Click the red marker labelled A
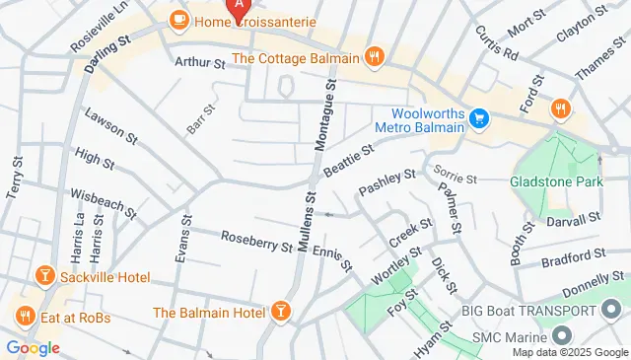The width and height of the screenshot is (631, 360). [237, 7]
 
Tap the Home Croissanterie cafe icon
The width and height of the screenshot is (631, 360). [178, 18]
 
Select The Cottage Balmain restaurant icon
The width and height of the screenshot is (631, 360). [373, 57]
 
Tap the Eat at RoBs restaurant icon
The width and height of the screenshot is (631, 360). [25, 317]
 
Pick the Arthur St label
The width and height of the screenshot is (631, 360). [200, 62]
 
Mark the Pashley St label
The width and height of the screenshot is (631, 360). [387, 181]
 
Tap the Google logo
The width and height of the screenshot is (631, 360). [33, 347]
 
